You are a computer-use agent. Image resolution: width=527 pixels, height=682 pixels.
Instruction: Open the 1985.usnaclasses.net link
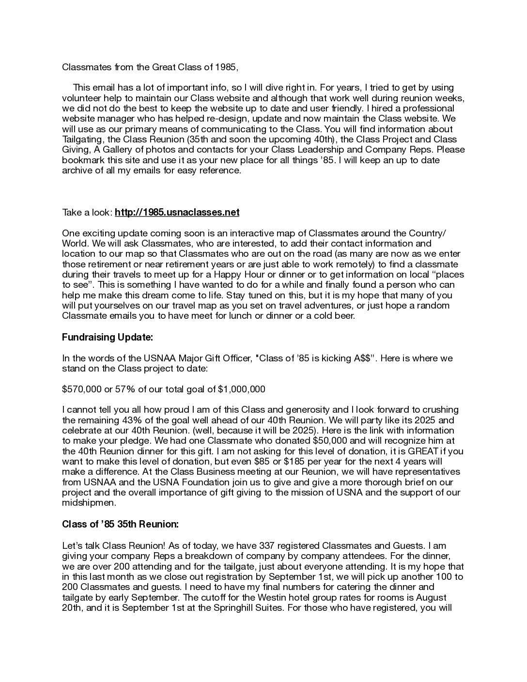(x=177, y=212)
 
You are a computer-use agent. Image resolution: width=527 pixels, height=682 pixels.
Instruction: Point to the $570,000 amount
(x=82, y=389)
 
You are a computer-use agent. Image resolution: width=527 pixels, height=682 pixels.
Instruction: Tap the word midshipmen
(x=82, y=502)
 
